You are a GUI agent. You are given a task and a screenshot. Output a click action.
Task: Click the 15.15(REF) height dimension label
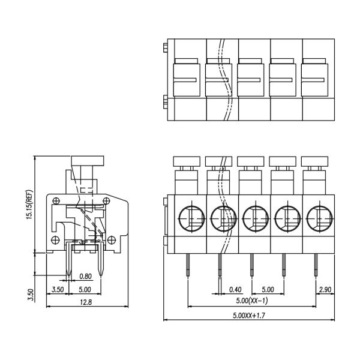pos(30,205)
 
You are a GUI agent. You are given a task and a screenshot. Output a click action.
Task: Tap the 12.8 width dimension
pos(86,302)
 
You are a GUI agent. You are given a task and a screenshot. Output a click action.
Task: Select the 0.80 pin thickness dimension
pos(85,277)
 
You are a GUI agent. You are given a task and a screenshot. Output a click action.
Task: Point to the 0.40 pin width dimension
pos(235,290)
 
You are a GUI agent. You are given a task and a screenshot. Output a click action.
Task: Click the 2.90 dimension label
pos(325,290)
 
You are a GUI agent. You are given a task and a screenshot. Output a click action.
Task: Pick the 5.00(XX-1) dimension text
pos(252,301)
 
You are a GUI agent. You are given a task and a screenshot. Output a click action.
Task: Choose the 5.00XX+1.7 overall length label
pos(249,316)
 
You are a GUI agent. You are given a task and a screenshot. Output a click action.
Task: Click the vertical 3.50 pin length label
pos(31,295)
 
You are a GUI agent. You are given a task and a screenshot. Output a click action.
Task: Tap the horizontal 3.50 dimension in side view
pos(58,290)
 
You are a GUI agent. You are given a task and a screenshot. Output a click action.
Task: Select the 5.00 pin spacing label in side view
pos(85,290)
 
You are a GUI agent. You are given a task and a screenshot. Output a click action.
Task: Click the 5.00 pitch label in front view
pos(268,290)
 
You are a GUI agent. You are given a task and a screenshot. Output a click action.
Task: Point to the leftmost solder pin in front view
pos(188,265)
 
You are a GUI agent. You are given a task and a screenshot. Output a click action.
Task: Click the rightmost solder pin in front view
pos(316,265)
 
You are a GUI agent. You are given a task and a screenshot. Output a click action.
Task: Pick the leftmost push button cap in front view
pos(187,161)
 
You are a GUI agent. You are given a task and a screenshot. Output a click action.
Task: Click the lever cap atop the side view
pos(88,161)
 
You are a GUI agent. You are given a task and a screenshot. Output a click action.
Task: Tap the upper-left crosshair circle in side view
pos(56,201)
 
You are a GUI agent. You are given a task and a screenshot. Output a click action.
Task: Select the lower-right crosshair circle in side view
pos(112,240)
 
